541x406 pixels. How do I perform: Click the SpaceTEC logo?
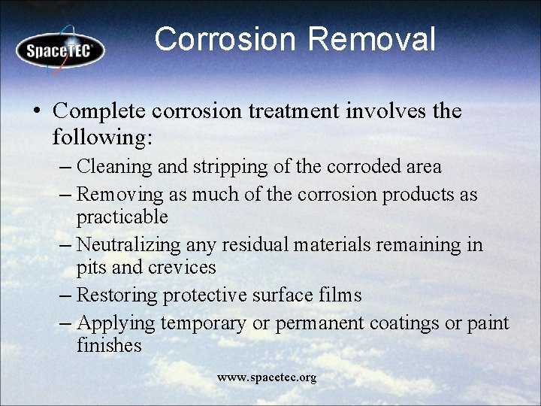pos(60,50)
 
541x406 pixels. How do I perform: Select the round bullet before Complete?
pos(37,111)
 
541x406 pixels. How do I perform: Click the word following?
pos(102,137)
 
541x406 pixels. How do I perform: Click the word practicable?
pos(122,217)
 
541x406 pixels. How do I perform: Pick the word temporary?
pos(202,323)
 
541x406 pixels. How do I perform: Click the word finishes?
pos(109,346)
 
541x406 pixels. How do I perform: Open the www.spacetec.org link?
pos(267,377)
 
